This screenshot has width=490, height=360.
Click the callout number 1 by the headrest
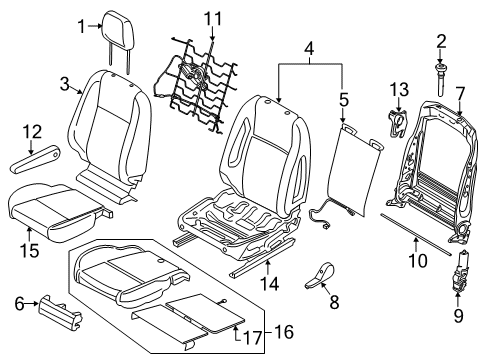click(84, 27)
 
